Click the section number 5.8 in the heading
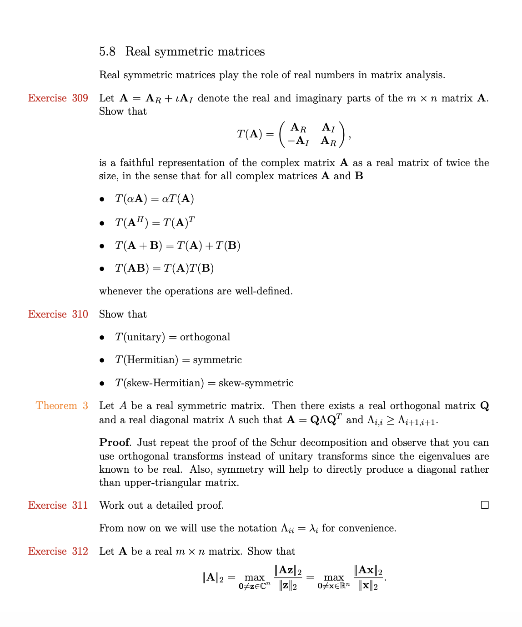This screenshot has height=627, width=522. point(107,51)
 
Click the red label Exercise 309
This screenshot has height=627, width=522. point(58,98)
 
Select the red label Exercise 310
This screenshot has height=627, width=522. point(58,314)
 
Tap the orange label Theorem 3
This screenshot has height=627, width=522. point(62,406)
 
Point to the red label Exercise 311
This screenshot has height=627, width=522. point(58,506)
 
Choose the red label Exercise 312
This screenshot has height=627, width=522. point(58,551)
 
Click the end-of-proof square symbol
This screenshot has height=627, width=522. point(485,505)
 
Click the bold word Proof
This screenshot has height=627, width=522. point(114,443)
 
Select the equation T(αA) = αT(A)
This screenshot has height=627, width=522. point(155,199)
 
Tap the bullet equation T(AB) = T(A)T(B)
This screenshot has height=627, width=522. point(164,268)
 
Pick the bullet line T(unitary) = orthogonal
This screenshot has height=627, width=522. point(172,337)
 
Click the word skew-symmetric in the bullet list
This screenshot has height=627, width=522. point(256,383)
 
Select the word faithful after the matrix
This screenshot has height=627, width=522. point(137,163)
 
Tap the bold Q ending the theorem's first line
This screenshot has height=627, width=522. point(484,406)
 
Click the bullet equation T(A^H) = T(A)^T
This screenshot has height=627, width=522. point(155,222)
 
